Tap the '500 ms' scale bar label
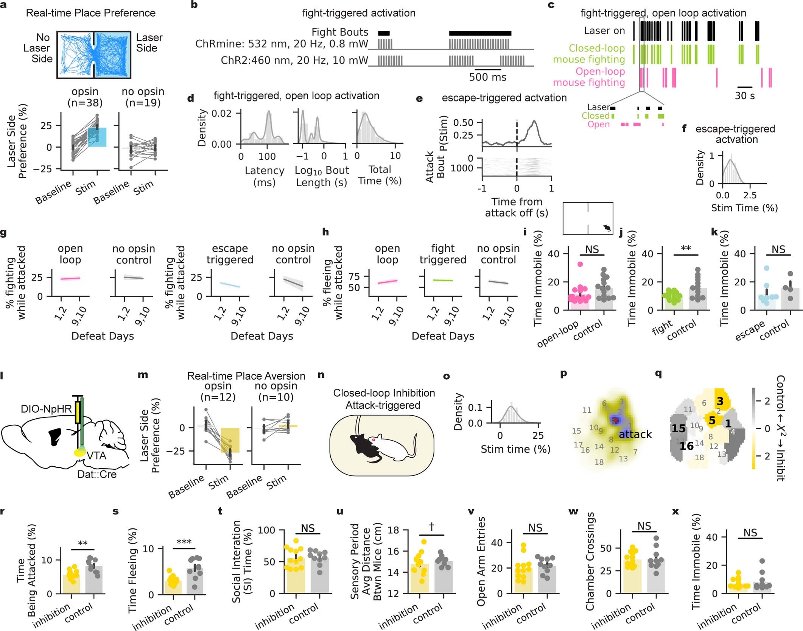pyautogui.click(x=487, y=77)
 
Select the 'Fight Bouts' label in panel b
pyautogui.click(x=339, y=32)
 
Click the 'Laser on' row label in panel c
pyautogui.click(x=604, y=31)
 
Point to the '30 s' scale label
pyautogui.click(x=744, y=96)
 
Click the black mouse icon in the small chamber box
pyautogui.click(x=607, y=228)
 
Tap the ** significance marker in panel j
pyautogui.click(x=686, y=249)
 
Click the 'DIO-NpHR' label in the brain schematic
pyautogui.click(x=46, y=409)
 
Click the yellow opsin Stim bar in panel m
pyautogui.click(x=230, y=440)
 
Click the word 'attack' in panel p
pyautogui.click(x=635, y=434)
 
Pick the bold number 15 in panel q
pyautogui.click(x=679, y=428)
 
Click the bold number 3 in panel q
pyautogui.click(x=720, y=401)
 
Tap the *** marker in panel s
pyautogui.click(x=184, y=542)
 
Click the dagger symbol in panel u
pyautogui.click(x=431, y=527)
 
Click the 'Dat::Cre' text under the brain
pyautogui.click(x=96, y=474)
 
